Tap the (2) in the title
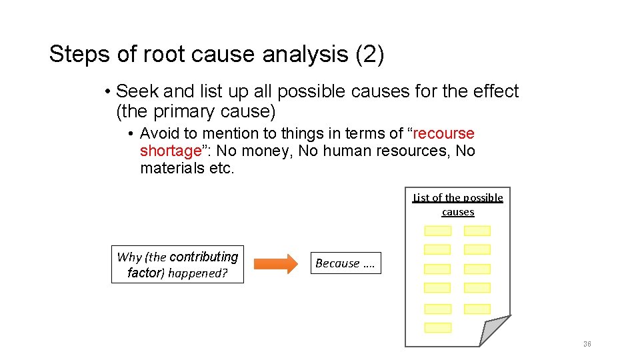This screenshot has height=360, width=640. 370,54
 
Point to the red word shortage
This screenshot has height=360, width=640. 169,151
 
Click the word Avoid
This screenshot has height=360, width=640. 159,134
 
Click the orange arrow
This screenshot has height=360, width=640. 276,264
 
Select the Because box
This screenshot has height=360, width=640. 345,263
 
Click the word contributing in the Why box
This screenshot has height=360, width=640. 203,257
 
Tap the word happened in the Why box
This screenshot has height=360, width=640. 198,273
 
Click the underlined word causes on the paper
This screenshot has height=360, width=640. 458,212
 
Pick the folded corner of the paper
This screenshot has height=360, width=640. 493,331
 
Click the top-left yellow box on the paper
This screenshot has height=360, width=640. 438,231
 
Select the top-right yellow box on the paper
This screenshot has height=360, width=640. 477,231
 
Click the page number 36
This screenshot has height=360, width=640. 587,344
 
